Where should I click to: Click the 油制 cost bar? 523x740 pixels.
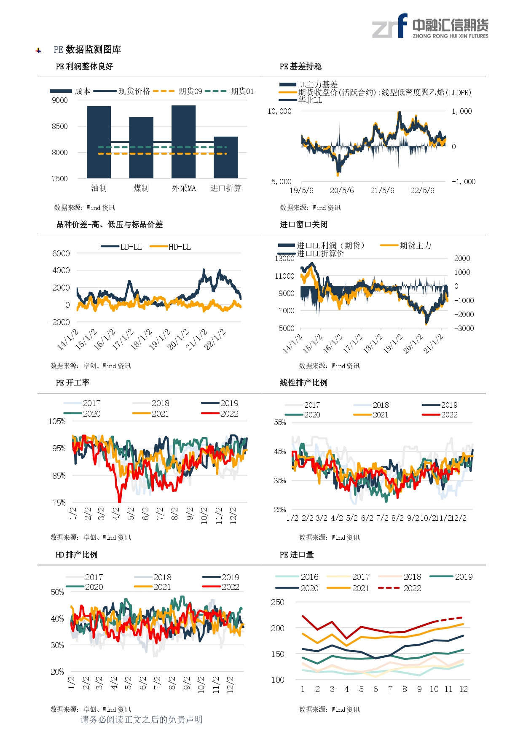pyautogui.click(x=99, y=142)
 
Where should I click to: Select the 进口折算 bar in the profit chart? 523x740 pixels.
pyautogui.click(x=226, y=157)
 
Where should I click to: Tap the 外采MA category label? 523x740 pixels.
pyautogui.click(x=184, y=188)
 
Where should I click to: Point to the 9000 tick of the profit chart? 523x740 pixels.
pyautogui.click(x=60, y=100)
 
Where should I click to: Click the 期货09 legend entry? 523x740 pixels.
pyautogui.click(x=178, y=91)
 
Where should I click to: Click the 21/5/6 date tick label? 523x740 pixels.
pyautogui.click(x=382, y=191)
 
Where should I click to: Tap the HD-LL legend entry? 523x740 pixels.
pyautogui.click(x=171, y=247)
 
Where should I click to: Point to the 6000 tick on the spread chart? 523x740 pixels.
pyautogui.click(x=61, y=253)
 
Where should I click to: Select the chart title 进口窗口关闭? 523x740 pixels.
pyautogui.click(x=303, y=224)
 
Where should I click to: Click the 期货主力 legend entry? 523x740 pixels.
pyautogui.click(x=406, y=245)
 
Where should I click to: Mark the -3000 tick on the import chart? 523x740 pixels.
pyautogui.click(x=464, y=328)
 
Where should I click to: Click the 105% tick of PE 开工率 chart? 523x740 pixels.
pyautogui.click(x=57, y=421)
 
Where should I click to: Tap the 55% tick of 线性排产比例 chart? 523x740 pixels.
pyautogui.click(x=280, y=422)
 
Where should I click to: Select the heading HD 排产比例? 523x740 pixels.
pyautogui.click(x=76, y=554)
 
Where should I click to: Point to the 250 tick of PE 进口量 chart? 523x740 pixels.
pyautogui.click(x=277, y=602)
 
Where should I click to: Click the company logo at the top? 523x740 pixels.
pyautogui.click(x=430, y=26)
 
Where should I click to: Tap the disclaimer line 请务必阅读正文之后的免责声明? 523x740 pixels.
pyautogui.click(x=142, y=719)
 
